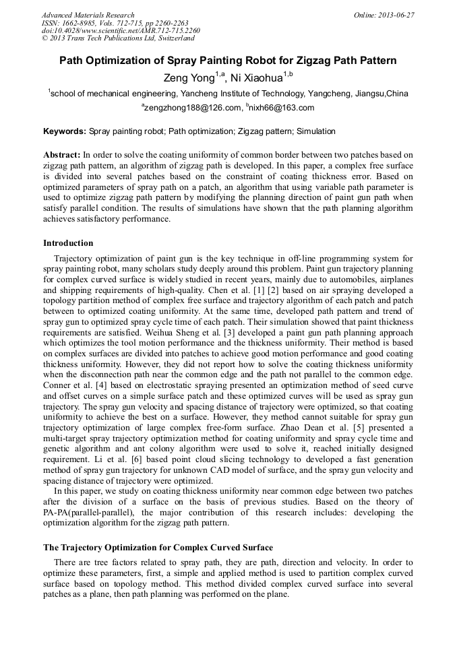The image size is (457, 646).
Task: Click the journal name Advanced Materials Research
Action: [88, 15]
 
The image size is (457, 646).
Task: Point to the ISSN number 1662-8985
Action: [84, 23]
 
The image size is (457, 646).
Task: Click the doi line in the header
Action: [121, 31]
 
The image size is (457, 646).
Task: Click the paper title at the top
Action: [228, 61]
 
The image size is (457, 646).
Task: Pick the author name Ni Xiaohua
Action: [257, 78]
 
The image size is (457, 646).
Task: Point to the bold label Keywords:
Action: [65, 131]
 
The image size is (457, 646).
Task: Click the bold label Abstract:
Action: [62, 155]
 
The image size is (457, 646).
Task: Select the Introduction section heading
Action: [68, 243]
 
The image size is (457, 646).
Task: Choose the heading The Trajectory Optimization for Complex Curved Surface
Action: [158, 548]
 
